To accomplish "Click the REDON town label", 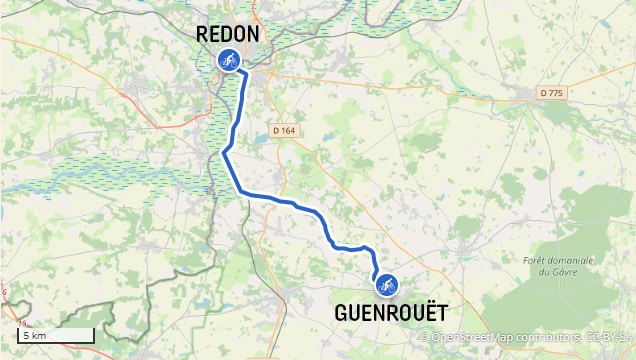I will click(228, 34).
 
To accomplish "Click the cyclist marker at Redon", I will click(228, 59).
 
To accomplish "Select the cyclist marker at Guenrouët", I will click(385, 285).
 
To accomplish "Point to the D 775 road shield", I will click(552, 93).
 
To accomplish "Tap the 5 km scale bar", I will click(56, 336).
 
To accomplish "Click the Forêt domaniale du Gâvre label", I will click(558, 266).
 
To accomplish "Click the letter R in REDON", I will click(202, 34).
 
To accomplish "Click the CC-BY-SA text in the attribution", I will click(607, 337).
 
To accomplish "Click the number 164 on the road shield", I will click(290, 130).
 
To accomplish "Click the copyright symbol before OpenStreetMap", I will click(424, 337).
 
